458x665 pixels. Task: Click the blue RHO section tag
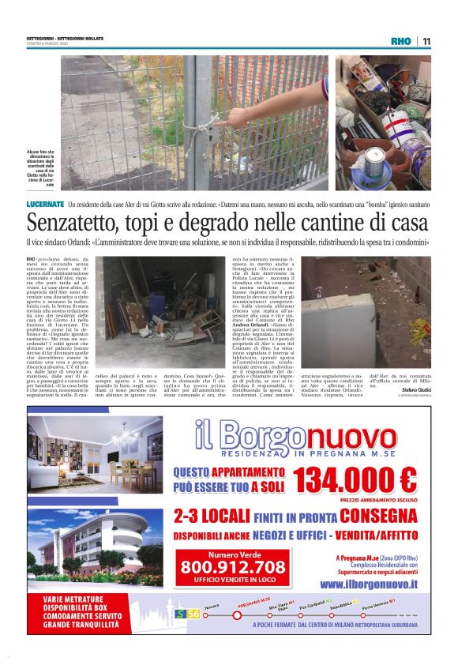tap(401, 41)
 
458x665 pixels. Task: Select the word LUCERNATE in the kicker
tap(45, 205)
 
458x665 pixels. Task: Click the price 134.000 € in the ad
tap(355, 479)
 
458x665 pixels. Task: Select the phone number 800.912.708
tap(244, 567)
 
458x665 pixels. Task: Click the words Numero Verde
tap(243, 554)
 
